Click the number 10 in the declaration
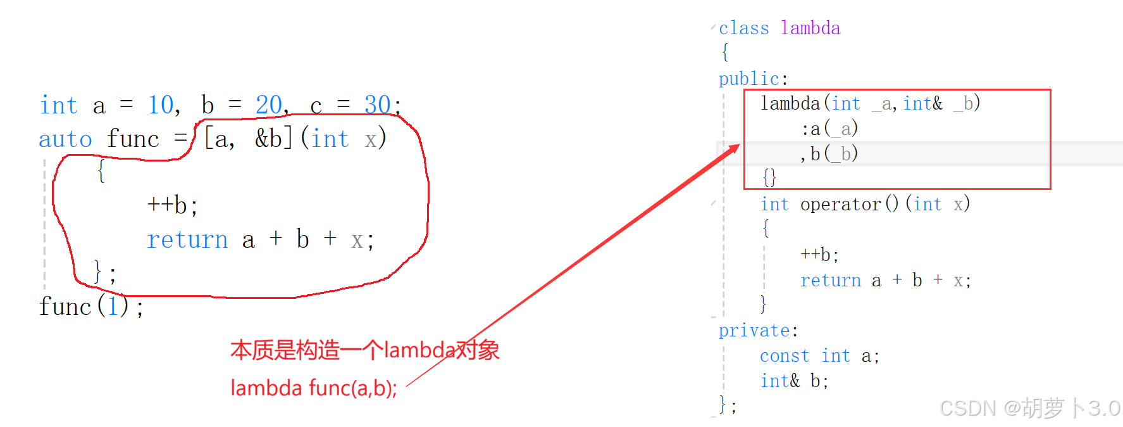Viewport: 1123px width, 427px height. pyautogui.click(x=161, y=105)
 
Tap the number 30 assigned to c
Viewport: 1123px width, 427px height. pyautogui.click(x=378, y=105)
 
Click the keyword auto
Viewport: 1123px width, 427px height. pyautogui.click(x=65, y=139)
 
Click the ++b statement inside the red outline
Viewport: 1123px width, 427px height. pyautogui.click(x=172, y=205)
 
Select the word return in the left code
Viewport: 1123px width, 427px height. pyautogui.click(x=187, y=239)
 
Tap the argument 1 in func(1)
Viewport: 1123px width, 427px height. pyautogui.click(x=113, y=307)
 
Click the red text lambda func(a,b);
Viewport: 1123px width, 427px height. pyautogui.click(x=313, y=388)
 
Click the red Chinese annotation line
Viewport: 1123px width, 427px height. pyautogui.click(x=364, y=350)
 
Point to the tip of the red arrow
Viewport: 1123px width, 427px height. pyautogui.click(x=738, y=145)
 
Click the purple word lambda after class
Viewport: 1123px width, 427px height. pyautogui.click(x=810, y=29)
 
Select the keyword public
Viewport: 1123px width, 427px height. pyautogui.click(x=748, y=79)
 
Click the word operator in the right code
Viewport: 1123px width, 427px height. pyautogui.click(x=840, y=204)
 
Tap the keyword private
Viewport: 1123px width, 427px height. pyautogui.click(x=754, y=330)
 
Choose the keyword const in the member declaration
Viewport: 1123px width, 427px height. pyautogui.click(x=785, y=356)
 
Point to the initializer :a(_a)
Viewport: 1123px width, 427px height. pyautogui.click(x=829, y=129)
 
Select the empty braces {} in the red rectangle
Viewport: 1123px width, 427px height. pyautogui.click(x=769, y=177)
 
